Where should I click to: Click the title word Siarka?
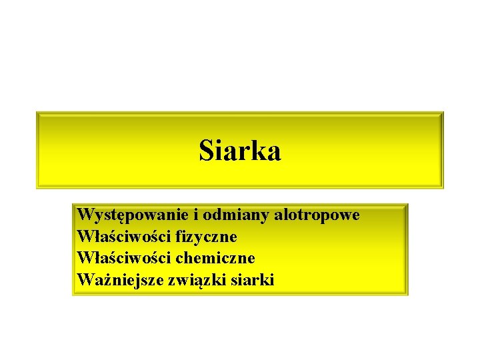coord(240,151)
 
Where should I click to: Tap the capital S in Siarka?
coord(206,151)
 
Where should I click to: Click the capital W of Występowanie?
coord(85,215)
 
